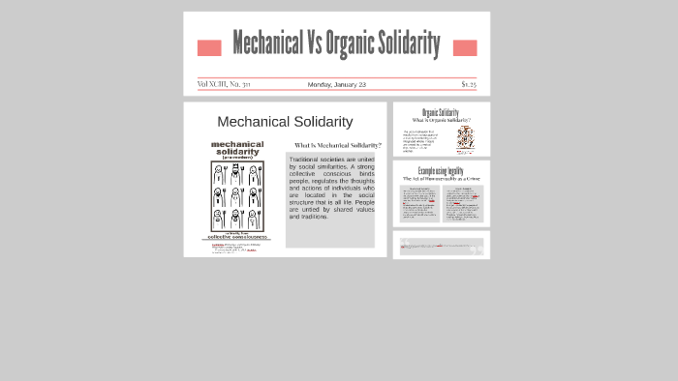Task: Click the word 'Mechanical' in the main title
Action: [x=267, y=44]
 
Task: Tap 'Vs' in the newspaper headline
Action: [x=314, y=44]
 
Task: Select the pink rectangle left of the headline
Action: [x=208, y=47]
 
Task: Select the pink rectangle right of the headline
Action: [x=465, y=47]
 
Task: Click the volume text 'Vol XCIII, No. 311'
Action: [x=224, y=84]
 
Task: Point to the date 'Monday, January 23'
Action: [x=336, y=84]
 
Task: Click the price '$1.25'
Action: [x=469, y=84]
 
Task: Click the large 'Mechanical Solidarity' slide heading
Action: [x=285, y=121]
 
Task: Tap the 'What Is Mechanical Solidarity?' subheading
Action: [x=337, y=145]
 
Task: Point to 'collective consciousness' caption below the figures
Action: [x=237, y=236]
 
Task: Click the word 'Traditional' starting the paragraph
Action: [x=303, y=160]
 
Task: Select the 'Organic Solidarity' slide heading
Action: [x=441, y=112]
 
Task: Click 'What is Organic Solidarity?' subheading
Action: [x=441, y=120]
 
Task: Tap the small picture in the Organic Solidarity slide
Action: [x=465, y=138]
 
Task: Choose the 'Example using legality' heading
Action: [x=441, y=171]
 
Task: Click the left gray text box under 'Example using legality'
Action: [x=419, y=203]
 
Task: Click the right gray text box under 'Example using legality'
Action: [x=462, y=203]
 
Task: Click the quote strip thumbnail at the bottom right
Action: [x=441, y=246]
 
